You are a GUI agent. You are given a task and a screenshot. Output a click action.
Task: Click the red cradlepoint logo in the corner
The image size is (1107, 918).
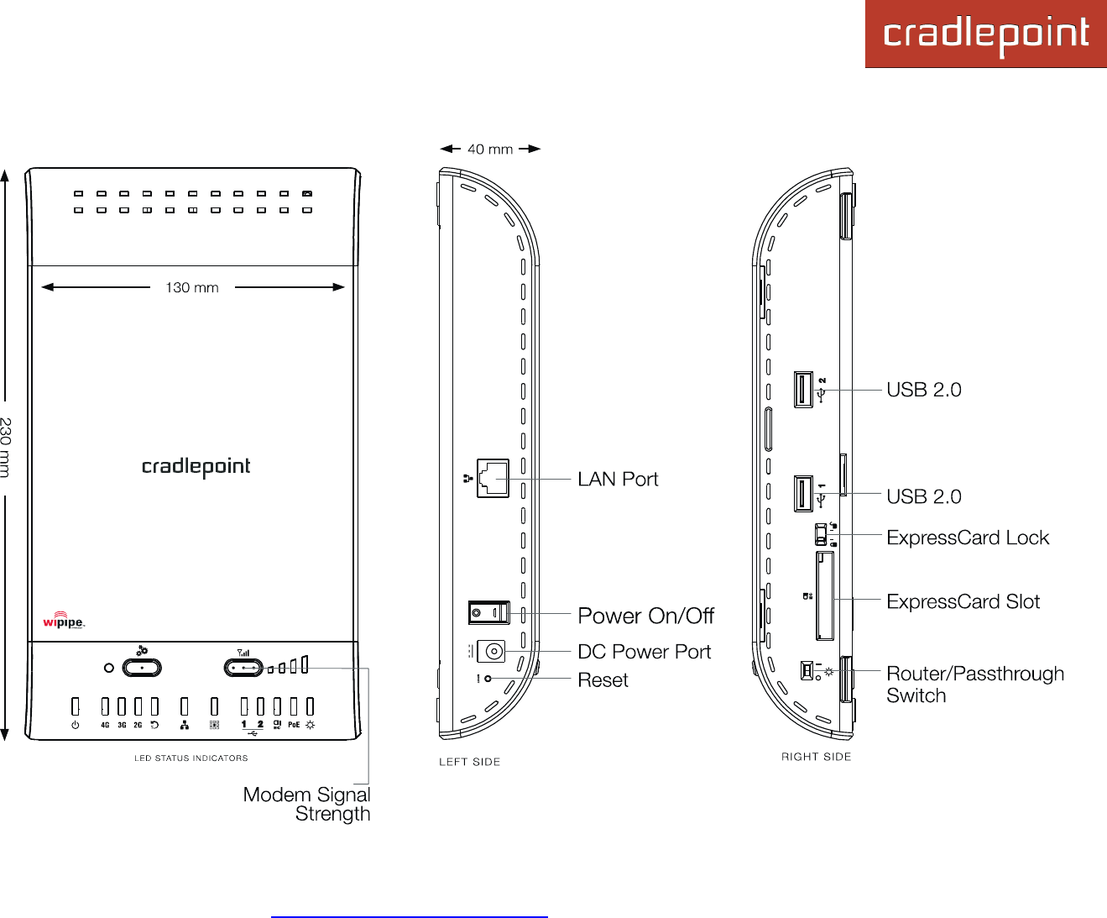(985, 34)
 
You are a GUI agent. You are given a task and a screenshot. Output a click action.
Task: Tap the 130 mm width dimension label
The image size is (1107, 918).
(192, 287)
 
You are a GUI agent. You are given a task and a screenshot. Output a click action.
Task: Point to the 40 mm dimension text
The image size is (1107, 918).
(490, 150)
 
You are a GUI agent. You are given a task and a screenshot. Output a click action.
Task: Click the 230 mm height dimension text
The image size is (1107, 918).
(6, 447)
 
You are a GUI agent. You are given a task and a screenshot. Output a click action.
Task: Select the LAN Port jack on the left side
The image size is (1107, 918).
(493, 479)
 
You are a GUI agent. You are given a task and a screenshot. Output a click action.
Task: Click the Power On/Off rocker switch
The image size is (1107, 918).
(488, 613)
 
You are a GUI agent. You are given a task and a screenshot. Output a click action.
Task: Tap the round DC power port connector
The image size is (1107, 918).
(493, 652)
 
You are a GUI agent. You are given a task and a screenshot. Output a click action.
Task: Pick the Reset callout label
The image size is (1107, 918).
(603, 680)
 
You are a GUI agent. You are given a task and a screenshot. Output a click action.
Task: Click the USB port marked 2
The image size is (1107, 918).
(802, 390)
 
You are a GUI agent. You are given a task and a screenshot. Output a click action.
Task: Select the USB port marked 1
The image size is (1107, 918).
(802, 494)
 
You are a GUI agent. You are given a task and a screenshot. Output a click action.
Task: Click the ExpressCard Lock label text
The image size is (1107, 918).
(968, 538)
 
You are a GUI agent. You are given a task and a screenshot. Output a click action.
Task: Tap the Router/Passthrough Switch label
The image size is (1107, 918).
(974, 685)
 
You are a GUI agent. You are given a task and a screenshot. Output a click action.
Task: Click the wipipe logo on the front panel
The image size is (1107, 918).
(64, 622)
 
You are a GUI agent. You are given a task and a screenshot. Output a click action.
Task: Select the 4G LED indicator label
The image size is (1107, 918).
(105, 725)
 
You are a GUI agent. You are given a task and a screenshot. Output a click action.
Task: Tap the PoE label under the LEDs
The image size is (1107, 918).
(294, 725)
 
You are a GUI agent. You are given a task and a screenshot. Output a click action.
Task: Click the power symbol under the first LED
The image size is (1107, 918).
(76, 725)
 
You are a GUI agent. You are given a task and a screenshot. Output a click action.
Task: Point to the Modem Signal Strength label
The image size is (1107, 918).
(307, 804)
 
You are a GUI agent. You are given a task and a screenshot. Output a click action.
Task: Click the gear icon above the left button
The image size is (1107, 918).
(142, 650)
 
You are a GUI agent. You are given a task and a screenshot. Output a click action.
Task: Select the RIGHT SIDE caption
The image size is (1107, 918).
(816, 757)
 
